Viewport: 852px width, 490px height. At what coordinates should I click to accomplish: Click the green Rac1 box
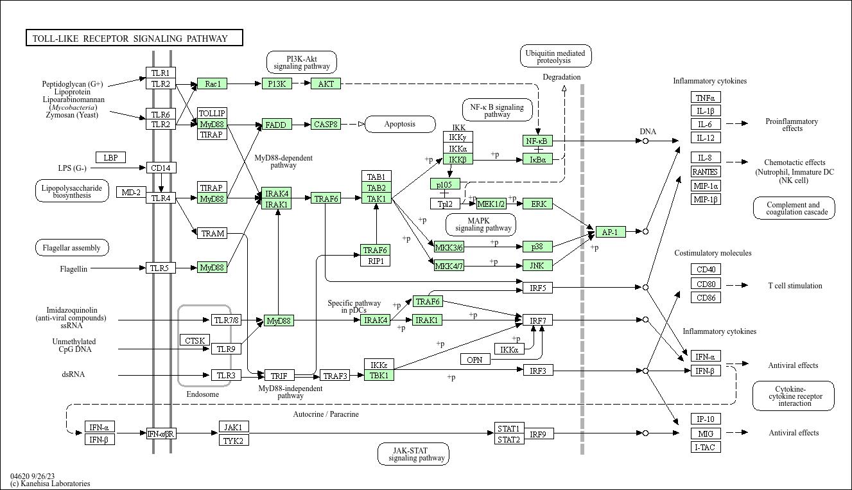click(x=213, y=83)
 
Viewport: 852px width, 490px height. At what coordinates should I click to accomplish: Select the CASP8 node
click(x=326, y=125)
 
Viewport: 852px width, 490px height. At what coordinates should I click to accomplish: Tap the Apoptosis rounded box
click(x=400, y=124)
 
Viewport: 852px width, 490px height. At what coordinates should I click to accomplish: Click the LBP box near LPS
click(x=110, y=157)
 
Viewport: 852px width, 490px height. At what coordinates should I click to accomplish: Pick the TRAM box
click(x=213, y=233)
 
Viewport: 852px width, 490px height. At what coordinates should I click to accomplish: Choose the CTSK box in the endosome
click(x=195, y=340)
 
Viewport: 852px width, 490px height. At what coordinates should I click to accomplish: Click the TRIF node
click(x=279, y=376)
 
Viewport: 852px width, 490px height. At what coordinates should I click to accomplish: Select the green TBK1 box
click(x=379, y=375)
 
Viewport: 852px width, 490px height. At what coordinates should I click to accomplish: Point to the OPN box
click(x=475, y=360)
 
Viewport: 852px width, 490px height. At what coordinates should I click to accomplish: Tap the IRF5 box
click(x=538, y=288)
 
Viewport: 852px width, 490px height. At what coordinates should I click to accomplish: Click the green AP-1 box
click(x=611, y=232)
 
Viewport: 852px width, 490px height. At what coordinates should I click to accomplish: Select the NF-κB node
click(x=537, y=141)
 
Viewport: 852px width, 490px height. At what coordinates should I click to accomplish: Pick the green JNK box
click(x=537, y=265)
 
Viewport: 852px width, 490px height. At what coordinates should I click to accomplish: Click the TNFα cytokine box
click(x=706, y=98)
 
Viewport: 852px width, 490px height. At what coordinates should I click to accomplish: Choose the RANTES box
click(x=706, y=171)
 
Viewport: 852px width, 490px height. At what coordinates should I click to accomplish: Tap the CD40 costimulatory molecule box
click(x=706, y=269)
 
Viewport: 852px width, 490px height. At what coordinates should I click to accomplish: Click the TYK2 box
click(x=234, y=440)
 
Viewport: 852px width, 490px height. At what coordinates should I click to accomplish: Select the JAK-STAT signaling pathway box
click(x=413, y=454)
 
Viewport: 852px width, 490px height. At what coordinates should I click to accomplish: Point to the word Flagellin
click(x=73, y=269)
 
